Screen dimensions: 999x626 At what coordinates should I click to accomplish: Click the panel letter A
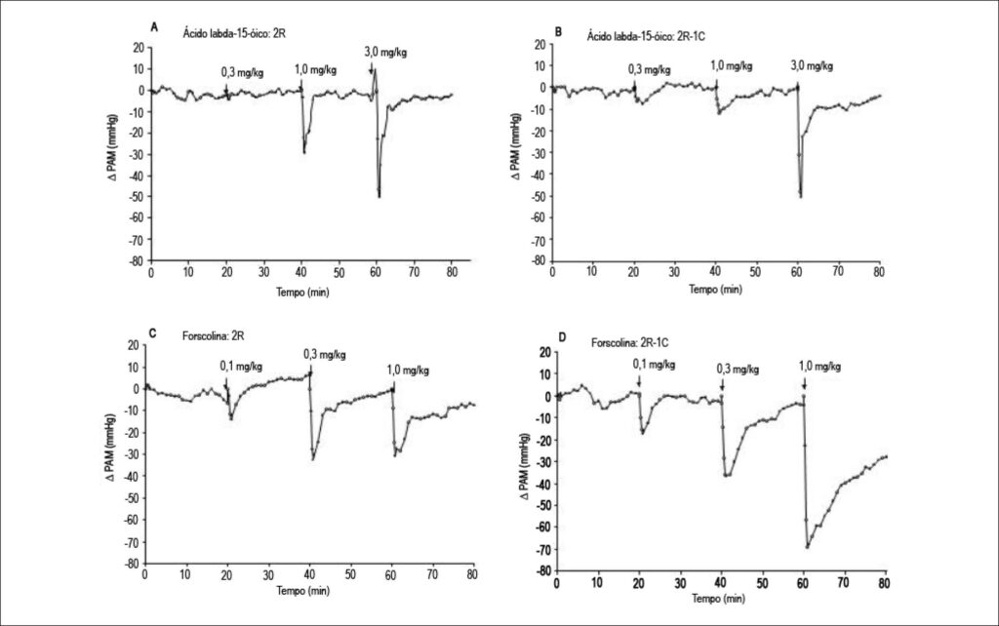[154, 26]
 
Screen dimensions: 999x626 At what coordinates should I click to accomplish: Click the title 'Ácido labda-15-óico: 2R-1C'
[646, 36]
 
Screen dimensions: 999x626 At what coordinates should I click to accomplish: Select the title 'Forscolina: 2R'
[213, 335]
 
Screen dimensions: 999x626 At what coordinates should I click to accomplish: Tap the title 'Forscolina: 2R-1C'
[629, 343]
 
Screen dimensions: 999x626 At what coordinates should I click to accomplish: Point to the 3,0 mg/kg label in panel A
[385, 53]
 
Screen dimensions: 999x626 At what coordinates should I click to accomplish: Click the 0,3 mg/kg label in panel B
[649, 69]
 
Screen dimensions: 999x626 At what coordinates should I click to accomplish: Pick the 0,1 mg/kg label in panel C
[241, 367]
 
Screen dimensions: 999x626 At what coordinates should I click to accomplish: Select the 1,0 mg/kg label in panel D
[819, 367]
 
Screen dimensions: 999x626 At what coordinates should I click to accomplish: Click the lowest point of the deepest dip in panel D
[807, 546]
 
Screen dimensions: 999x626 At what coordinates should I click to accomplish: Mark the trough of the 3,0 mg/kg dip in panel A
[380, 196]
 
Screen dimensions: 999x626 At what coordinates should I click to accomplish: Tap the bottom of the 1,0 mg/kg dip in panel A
[304, 151]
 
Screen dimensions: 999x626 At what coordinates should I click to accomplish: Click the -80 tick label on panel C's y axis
[131, 564]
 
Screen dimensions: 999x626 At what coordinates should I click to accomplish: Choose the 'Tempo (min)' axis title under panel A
[302, 293]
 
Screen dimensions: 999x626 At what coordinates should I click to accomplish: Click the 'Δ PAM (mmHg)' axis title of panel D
[526, 467]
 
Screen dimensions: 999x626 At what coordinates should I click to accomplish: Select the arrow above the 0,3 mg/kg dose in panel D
[722, 384]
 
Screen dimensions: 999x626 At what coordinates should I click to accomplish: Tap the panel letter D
[562, 336]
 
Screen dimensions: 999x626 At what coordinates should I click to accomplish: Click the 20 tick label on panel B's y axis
[539, 44]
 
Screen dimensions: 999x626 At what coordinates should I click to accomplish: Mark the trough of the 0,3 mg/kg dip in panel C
[313, 459]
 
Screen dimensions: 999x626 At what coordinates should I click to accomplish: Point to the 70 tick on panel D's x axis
[844, 583]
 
